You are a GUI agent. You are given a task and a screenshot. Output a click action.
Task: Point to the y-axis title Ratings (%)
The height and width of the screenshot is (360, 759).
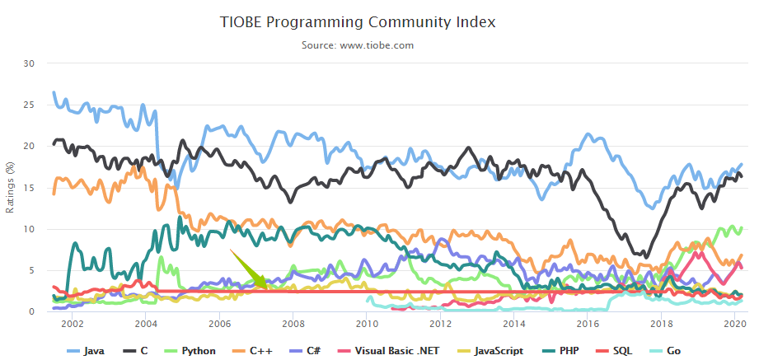click(11, 187)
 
